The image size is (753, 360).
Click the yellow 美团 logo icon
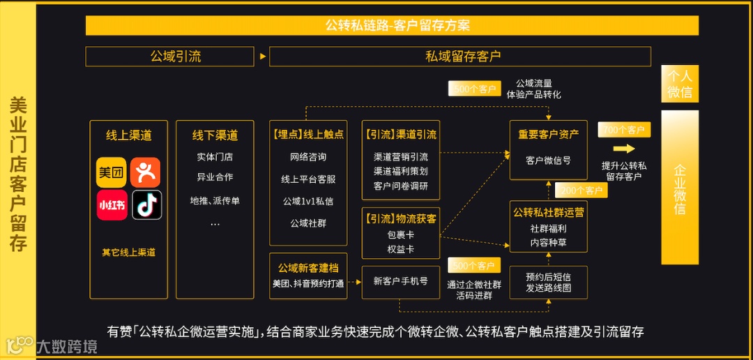pyautogui.click(x=112, y=172)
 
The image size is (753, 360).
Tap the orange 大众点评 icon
pyautogui.click(x=145, y=172)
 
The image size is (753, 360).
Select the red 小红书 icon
pyautogui.click(x=112, y=205)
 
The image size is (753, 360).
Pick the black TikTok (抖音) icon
pyautogui.click(x=146, y=205)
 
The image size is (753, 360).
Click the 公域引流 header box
pyautogui.click(x=176, y=57)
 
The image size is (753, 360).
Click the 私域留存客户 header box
pyautogui.click(x=460, y=57)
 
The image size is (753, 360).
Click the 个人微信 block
pyautogui.click(x=680, y=84)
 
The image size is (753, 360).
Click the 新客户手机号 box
pyautogui.click(x=401, y=281)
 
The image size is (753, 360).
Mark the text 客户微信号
pyautogui.click(x=548, y=160)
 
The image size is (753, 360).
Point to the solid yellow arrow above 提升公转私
pyautogui.click(x=624, y=149)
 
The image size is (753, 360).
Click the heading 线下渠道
pyautogui.click(x=215, y=135)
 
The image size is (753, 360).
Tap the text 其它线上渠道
pyautogui.click(x=128, y=253)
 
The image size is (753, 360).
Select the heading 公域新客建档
pyautogui.click(x=307, y=268)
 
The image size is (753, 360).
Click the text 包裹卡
pyautogui.click(x=401, y=234)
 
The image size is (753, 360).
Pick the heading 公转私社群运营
pyautogui.click(x=549, y=211)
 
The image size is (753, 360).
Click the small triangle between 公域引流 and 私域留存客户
pyautogui.click(x=263, y=57)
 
